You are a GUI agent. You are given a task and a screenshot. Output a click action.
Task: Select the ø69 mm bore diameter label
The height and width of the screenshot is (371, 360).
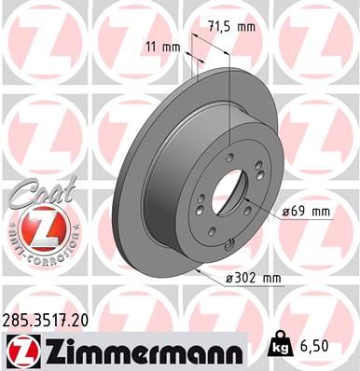pyautogui.click(x=306, y=212)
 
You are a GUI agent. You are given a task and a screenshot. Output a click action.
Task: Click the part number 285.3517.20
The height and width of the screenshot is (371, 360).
pyautogui.click(x=50, y=319)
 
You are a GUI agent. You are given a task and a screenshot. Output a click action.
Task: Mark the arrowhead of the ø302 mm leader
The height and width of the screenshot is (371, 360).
pyautogui.click(x=199, y=268)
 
